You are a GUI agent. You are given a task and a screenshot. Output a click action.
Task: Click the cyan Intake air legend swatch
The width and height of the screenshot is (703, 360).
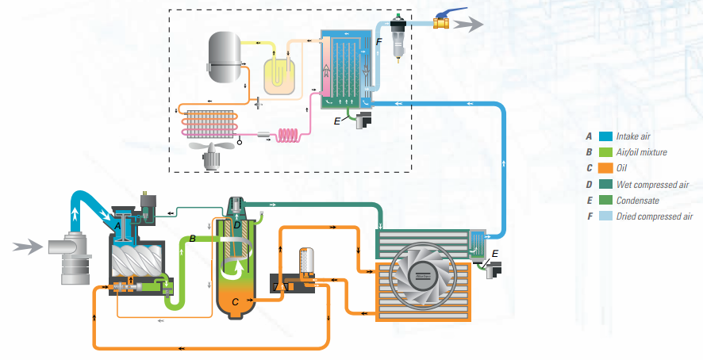[605, 136]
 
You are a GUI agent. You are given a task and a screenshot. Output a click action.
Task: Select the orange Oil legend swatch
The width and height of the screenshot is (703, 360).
[605, 168]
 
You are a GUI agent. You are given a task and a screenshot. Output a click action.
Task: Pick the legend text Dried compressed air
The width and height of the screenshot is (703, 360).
[655, 216]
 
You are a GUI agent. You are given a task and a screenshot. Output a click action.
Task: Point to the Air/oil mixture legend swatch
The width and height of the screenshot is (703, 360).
[605, 151]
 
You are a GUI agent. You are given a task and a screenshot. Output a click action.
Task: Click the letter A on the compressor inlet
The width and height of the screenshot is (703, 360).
[117, 225]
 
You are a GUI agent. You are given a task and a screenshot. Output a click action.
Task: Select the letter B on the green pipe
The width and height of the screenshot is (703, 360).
[193, 239]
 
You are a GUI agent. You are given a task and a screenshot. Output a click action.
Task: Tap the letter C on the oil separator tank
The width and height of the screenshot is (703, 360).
[235, 301]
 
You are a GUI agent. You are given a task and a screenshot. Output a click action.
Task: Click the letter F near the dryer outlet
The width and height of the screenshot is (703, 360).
[379, 40]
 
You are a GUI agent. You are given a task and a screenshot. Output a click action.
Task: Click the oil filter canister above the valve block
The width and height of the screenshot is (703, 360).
[306, 262]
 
